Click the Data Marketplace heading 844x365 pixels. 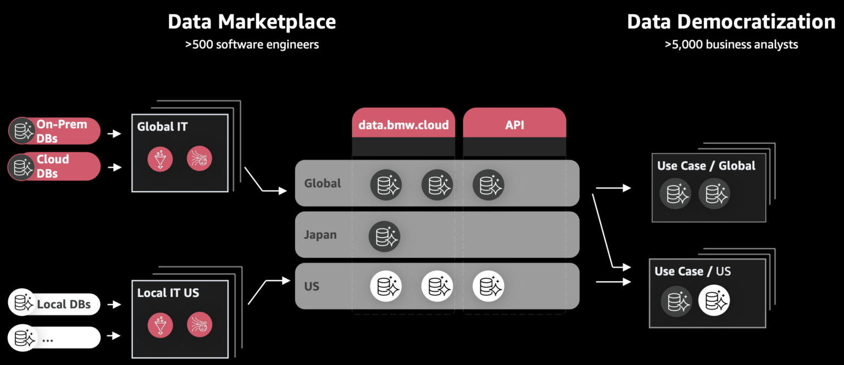252,22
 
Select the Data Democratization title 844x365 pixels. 731,22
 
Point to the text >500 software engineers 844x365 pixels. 252,44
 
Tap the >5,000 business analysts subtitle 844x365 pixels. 731,44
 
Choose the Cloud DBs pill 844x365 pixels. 54,166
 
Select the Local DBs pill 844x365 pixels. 54,304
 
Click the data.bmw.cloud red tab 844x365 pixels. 403,125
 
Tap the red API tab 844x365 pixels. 514,125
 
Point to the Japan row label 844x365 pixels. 320,235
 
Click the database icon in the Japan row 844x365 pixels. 385,236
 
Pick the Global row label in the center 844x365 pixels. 323,183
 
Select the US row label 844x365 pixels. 312,287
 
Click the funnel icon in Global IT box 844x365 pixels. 160,159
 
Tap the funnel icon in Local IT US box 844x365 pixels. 160,324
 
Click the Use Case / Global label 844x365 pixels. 706,166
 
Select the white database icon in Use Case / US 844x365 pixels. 714,301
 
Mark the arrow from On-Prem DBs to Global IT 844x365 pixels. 114,133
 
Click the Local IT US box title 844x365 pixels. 168,293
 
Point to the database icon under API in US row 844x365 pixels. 488,286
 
